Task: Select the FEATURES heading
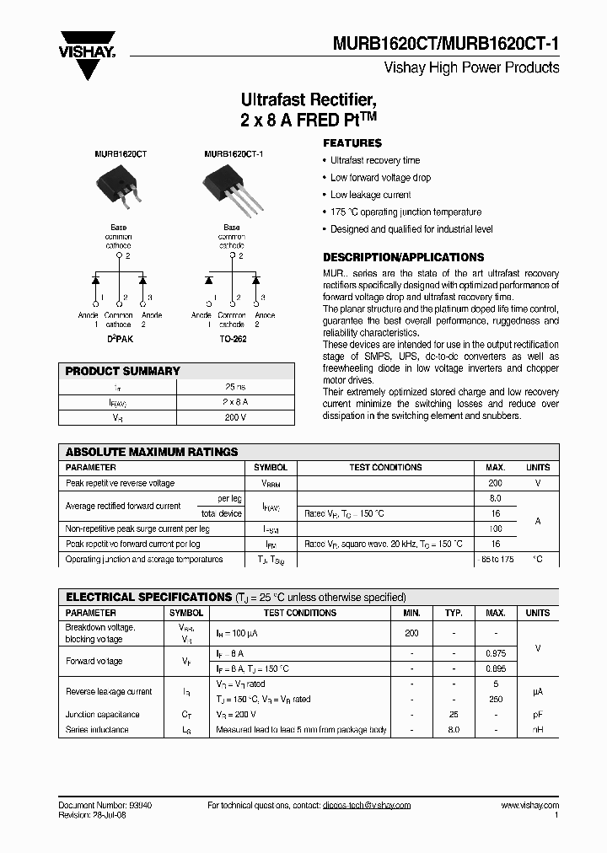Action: click(x=352, y=143)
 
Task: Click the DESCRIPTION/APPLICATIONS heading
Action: click(x=404, y=257)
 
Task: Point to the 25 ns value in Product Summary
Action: click(x=235, y=387)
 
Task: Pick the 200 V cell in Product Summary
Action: click(x=235, y=417)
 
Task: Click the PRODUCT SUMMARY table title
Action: click(x=123, y=371)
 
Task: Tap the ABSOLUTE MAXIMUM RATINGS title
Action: click(x=152, y=452)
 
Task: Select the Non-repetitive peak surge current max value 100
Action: click(x=495, y=528)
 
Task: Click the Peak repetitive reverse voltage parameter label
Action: click(x=121, y=483)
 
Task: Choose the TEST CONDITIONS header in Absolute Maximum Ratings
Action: click(x=385, y=467)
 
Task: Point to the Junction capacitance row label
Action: click(x=103, y=714)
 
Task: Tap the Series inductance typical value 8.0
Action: click(x=454, y=729)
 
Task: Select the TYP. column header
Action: click(x=454, y=613)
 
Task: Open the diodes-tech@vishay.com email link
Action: click(x=366, y=805)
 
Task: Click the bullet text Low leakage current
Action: click(x=370, y=195)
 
